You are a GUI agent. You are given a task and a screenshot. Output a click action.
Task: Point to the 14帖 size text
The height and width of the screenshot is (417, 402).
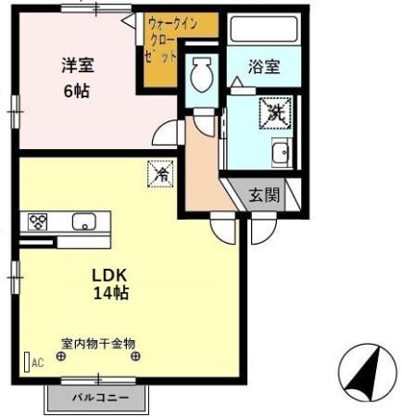click(109, 294)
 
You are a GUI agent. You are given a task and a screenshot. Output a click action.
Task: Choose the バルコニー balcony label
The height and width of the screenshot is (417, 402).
click(98, 398)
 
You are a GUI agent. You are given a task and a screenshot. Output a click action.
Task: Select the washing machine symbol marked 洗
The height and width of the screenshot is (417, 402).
click(274, 113)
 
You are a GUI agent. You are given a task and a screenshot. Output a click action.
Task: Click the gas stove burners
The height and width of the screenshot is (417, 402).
click(39, 221)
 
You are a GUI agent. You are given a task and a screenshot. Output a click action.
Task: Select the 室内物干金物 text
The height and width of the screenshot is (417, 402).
click(99, 341)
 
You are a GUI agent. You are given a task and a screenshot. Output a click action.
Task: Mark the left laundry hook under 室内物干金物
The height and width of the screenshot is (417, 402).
click(63, 357)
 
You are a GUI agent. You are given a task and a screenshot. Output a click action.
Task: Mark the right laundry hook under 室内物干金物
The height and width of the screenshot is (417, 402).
click(136, 357)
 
